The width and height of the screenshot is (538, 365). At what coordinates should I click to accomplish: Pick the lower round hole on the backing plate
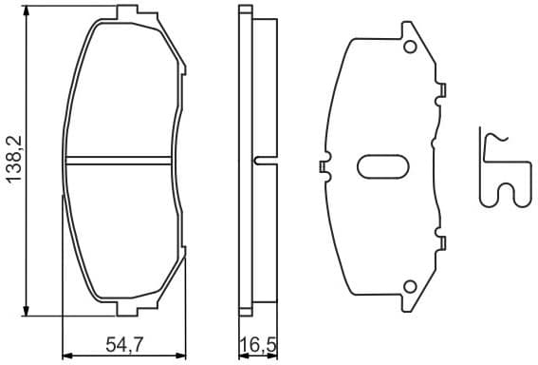(410, 286)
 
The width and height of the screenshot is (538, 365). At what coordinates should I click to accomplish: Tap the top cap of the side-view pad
(245, 11)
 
